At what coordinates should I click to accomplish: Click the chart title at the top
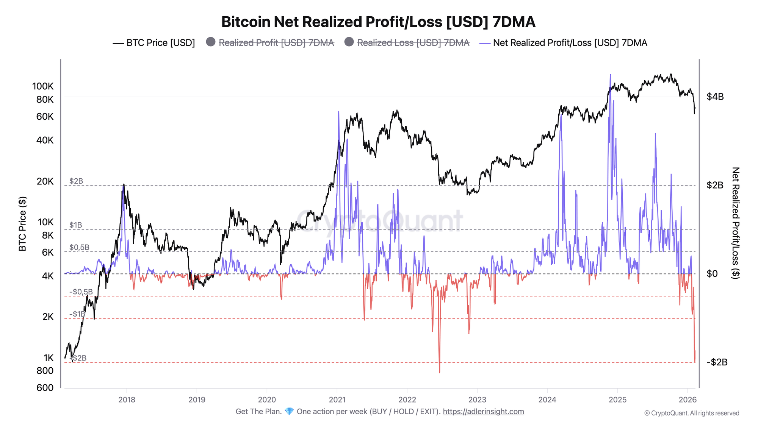pyautogui.click(x=378, y=22)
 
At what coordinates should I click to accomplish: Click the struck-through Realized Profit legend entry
pyautogui.click(x=270, y=43)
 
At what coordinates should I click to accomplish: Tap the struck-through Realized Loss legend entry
pyautogui.click(x=407, y=43)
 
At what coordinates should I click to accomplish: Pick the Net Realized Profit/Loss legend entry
pyautogui.click(x=564, y=43)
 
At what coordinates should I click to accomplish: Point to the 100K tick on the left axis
pyautogui.click(x=43, y=86)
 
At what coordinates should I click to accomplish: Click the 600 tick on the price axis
pyautogui.click(x=45, y=388)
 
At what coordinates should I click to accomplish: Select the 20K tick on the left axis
pyautogui.click(x=45, y=181)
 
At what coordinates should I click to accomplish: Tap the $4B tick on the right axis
pyautogui.click(x=715, y=97)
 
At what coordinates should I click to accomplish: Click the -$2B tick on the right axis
pyautogui.click(x=717, y=362)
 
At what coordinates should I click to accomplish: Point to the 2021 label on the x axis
pyautogui.click(x=337, y=399)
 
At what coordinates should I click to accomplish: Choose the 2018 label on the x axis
pyautogui.click(x=127, y=399)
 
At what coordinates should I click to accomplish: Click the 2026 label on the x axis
pyautogui.click(x=688, y=399)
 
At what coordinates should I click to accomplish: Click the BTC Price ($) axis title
pyautogui.click(x=23, y=224)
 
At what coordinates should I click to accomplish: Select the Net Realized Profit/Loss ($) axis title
pyautogui.click(x=735, y=223)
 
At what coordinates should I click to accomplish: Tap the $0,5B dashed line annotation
pyautogui.click(x=79, y=248)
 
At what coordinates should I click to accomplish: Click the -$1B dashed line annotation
pyautogui.click(x=77, y=314)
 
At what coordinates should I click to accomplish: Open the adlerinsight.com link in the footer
pyautogui.click(x=483, y=412)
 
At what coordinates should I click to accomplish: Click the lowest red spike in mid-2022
pyautogui.click(x=439, y=372)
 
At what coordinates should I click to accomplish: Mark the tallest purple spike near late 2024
pyautogui.click(x=610, y=75)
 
